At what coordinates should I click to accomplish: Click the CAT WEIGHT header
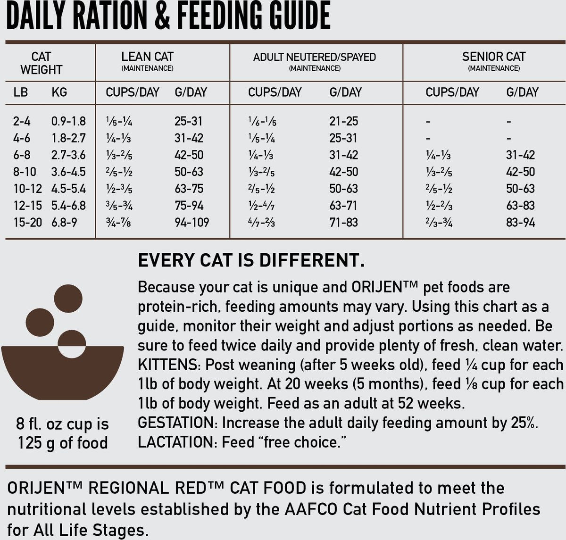[41, 63]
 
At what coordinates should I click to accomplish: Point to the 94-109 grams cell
[191, 222]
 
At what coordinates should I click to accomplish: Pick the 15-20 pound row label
[28, 222]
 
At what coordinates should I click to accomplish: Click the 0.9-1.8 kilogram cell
[68, 121]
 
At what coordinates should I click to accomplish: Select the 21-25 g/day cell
[343, 121]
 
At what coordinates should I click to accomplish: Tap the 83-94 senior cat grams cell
[520, 222]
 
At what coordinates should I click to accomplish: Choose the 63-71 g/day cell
[343, 206]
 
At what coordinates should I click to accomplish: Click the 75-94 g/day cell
[189, 206]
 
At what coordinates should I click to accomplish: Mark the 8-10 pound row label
[25, 172]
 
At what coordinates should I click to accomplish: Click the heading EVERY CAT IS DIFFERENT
[250, 260]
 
